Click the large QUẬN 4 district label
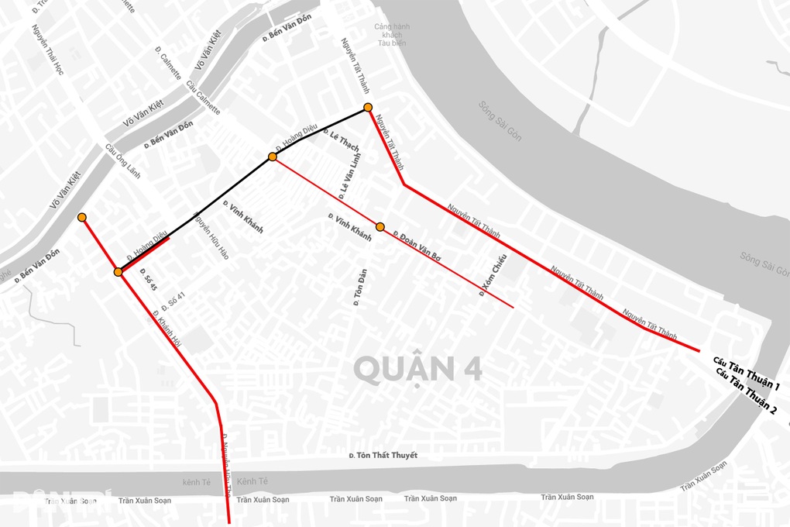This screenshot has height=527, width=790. pos(418,368)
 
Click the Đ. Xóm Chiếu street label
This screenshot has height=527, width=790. pos(493,274)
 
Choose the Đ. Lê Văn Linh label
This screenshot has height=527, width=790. pos(350,174)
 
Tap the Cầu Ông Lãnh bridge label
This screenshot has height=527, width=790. pos(122,162)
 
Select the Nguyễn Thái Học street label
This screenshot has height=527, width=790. pos(48,50)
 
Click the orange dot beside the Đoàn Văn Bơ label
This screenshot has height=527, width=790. pos(380,227)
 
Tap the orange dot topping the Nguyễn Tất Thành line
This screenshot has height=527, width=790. pos(368,108)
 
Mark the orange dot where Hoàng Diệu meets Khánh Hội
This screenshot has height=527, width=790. pos(118,272)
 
